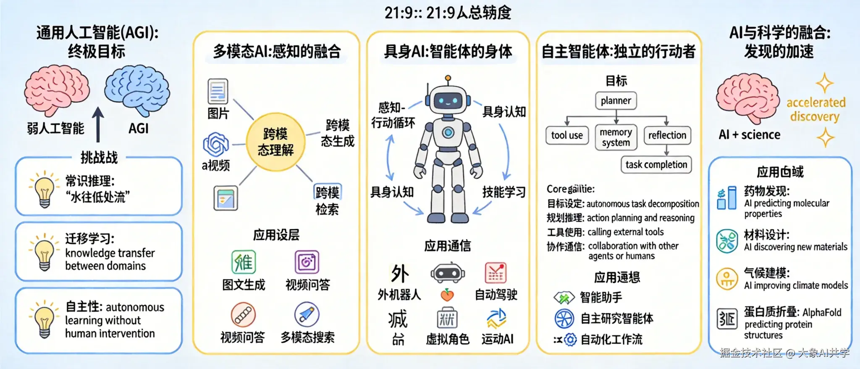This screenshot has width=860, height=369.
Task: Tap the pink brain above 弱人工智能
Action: coord(57,90)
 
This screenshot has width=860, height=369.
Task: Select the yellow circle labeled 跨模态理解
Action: coord(275,142)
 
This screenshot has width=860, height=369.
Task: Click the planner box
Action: coord(616,101)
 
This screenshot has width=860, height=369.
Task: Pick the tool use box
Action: coord(567,135)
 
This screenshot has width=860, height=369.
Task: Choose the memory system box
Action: coord(616,137)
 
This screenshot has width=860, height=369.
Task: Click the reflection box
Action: coord(667,135)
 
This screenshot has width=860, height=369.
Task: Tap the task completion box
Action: coord(656,165)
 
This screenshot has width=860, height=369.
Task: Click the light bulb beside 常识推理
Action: coord(44,190)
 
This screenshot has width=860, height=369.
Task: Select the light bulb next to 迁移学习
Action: coord(44,253)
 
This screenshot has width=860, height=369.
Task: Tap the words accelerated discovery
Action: coord(815,109)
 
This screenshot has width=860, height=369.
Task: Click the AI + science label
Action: coord(750,135)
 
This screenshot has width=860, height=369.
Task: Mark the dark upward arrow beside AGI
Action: coord(98,124)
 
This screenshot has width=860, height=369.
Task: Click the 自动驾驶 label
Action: coord(496,295)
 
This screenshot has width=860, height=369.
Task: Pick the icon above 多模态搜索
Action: coord(307,314)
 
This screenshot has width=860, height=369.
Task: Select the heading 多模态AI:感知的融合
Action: coord(276,52)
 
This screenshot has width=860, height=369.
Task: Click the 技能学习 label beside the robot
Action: coord(504,192)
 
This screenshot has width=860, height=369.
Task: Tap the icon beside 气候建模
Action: coord(727,279)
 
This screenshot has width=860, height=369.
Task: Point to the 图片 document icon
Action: coord(218,91)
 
